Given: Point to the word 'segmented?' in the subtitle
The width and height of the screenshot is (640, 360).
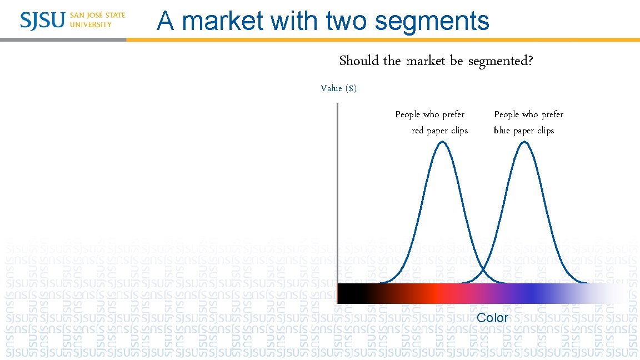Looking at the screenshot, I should (x=501, y=61).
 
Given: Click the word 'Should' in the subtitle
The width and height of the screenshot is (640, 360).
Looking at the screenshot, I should (x=359, y=61).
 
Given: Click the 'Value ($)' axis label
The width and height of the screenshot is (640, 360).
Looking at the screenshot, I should (x=339, y=88).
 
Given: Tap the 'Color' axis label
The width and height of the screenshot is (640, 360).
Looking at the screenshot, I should (x=493, y=318).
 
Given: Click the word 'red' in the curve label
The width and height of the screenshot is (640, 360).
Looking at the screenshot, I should (x=418, y=131).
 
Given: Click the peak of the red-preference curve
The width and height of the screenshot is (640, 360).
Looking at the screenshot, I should (x=442, y=142).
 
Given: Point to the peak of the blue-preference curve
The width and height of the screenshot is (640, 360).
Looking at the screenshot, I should (x=524, y=142).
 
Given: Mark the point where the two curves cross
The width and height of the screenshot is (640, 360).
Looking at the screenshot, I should (x=483, y=270).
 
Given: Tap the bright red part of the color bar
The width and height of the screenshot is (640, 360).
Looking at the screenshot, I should (x=436, y=293).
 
